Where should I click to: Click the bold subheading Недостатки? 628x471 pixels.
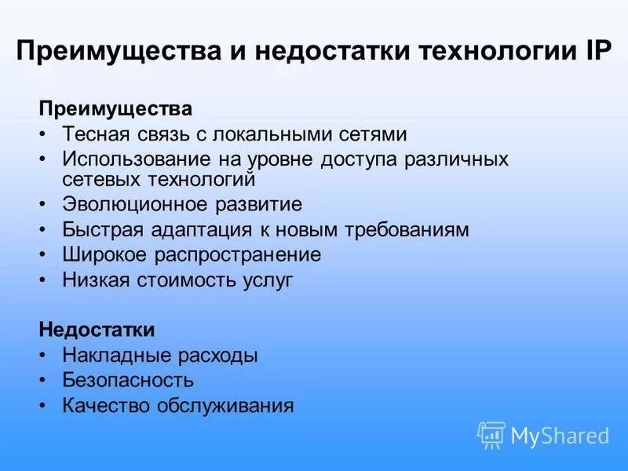[108, 330]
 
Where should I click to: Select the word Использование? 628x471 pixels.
[137, 159]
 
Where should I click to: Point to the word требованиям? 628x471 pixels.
[407, 230]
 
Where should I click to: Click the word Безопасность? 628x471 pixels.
[128, 381]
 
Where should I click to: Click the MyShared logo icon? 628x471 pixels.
[491, 435]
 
